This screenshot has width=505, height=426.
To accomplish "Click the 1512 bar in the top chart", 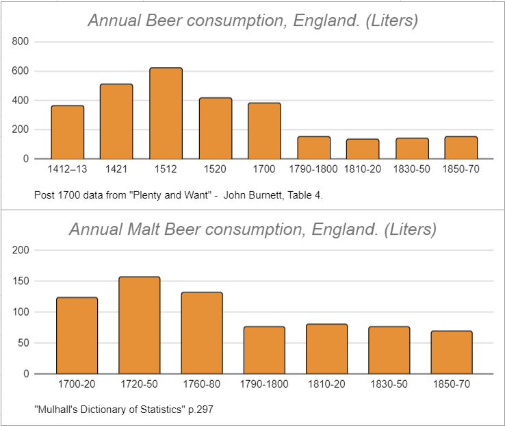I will click(166, 114).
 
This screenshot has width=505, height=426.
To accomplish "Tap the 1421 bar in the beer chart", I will click(116, 121).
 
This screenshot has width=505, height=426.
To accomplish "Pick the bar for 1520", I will click(215, 128).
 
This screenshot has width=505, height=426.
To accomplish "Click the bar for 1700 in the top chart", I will click(264, 131).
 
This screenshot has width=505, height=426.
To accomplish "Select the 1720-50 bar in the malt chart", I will click(139, 325).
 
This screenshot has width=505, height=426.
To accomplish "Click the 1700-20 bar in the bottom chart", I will click(77, 336).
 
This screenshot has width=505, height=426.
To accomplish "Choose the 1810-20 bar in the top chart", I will click(363, 149).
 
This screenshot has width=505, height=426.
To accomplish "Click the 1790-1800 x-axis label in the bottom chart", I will click(264, 385).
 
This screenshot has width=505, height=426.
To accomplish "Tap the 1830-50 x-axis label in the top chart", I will click(412, 169).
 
